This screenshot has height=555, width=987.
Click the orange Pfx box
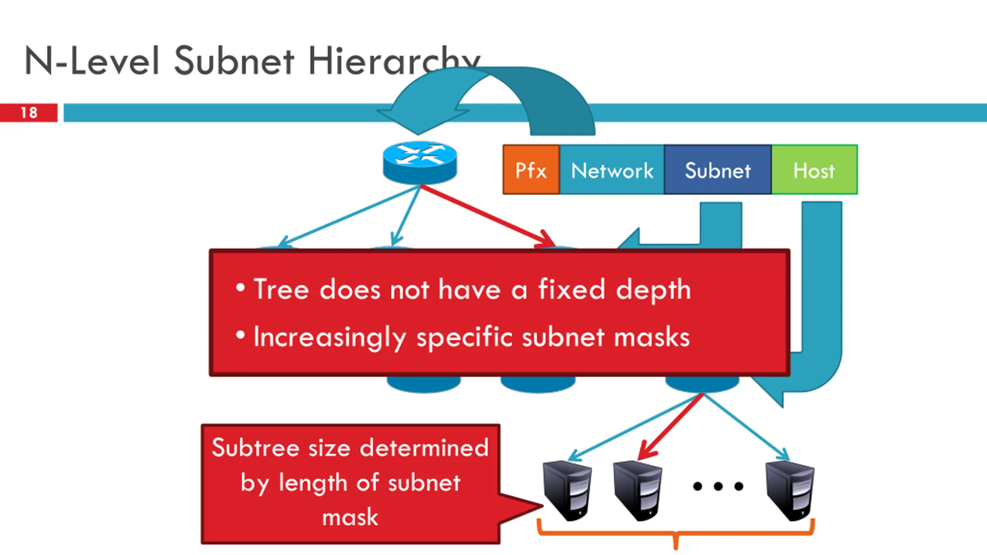point(531,170)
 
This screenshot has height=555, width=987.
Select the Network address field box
point(612,170)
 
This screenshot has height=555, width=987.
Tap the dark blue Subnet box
point(718,170)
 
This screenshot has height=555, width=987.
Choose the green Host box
point(814,170)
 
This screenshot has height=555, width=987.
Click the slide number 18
point(29,113)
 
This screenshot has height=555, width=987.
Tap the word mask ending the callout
point(350,517)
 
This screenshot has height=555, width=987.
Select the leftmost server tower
point(567,490)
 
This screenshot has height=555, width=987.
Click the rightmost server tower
point(790,490)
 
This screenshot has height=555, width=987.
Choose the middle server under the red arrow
point(637,490)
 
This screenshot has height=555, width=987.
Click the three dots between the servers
point(718,486)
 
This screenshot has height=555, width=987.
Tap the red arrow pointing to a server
point(671,426)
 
